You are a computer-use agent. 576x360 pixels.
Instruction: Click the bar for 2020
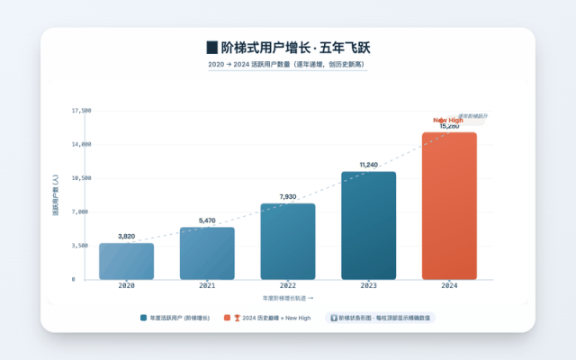point(126,261)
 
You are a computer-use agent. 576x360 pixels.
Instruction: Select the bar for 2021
point(207,253)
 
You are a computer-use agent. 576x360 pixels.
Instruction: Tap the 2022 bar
point(288,241)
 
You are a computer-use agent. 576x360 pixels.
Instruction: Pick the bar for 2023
point(368,225)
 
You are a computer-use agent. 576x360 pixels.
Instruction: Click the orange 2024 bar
point(449,205)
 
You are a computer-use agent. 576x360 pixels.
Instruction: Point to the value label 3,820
point(126,236)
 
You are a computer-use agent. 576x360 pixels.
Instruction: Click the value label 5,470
point(207,220)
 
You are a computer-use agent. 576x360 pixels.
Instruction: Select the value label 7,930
point(288,196)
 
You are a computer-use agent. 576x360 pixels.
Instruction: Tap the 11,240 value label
point(368,165)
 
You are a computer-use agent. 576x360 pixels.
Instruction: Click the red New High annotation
point(448,120)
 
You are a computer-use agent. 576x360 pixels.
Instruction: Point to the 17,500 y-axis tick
point(81,111)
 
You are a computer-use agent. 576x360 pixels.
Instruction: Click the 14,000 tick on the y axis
point(81,144)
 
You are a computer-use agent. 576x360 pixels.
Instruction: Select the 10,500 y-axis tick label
point(81,178)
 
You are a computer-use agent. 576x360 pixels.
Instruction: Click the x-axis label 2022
point(288,285)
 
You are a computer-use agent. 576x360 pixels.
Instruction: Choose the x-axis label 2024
point(449,285)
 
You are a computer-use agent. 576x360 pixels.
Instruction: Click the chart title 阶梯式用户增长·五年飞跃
point(288,47)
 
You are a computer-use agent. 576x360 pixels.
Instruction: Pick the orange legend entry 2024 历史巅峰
point(274,318)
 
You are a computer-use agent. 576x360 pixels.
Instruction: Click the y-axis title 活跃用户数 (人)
point(56,194)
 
